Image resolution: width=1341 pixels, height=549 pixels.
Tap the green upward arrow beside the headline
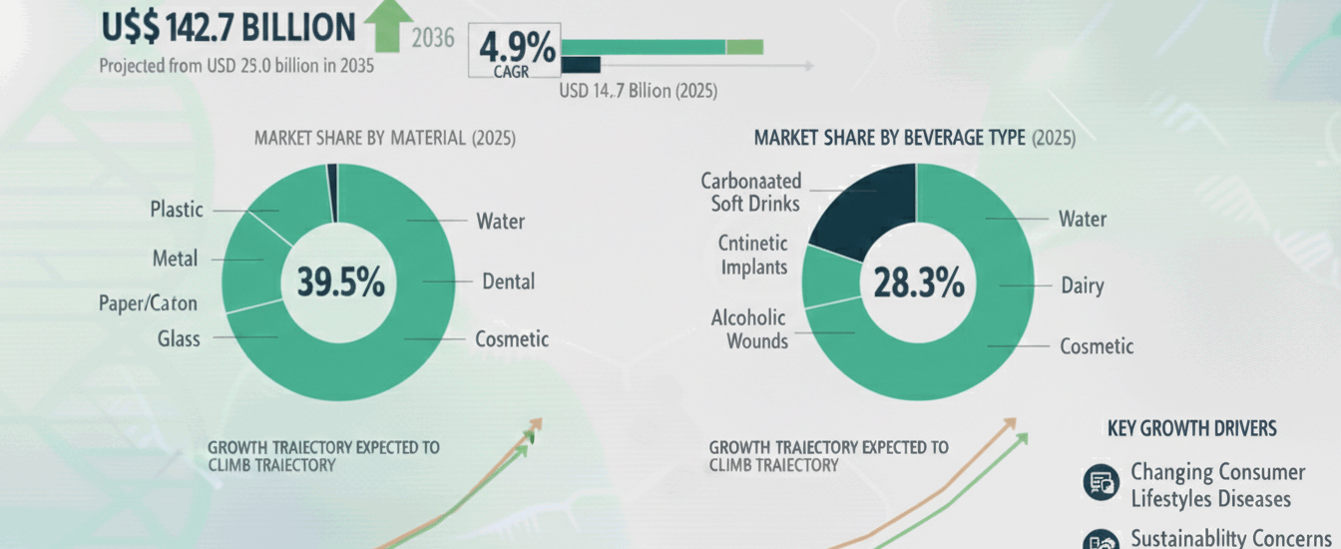tap(390, 26)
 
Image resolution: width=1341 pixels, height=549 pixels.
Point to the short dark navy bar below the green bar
tap(581, 65)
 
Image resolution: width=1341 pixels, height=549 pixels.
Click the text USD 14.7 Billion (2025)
tap(638, 91)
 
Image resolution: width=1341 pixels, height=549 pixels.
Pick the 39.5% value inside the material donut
tap(340, 282)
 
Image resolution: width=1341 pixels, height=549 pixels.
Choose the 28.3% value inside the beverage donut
tap(919, 283)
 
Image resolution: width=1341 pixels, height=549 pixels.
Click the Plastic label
tap(177, 210)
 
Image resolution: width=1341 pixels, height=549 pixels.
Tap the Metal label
tap(175, 259)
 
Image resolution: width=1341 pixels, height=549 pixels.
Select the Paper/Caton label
tap(148, 302)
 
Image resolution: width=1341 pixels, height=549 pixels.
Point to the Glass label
tap(178, 338)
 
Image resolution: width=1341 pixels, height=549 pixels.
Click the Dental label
tap(508, 281)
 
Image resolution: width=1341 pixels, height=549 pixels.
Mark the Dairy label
tap(1083, 286)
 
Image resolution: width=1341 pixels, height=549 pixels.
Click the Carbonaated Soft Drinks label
tap(749, 193)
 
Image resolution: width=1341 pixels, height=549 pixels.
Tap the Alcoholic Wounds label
tap(749, 329)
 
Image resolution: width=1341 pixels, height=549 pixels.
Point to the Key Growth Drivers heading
tap(1191, 428)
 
